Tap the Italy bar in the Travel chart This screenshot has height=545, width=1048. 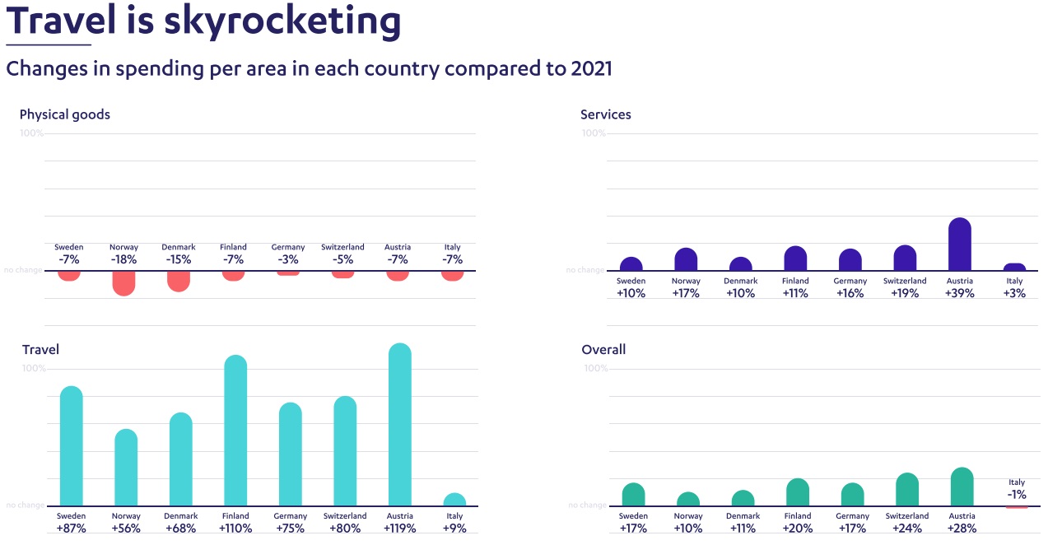click(454, 501)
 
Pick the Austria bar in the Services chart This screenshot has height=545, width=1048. click(960, 245)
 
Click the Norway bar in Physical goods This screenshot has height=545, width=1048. click(123, 282)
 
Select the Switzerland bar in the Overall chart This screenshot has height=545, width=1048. click(907, 490)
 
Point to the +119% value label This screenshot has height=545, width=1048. click(399, 529)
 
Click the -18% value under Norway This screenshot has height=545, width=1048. click(123, 259)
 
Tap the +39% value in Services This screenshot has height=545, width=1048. click(960, 293)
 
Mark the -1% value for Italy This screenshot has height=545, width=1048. click(1017, 495)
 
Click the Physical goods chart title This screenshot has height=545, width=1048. click(65, 114)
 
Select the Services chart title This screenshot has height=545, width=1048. click(606, 114)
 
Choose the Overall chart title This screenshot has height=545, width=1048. click(603, 350)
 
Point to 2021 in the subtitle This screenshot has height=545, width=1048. click(591, 68)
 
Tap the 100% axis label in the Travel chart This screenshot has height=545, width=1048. click(34, 368)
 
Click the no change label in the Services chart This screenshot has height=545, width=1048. click(585, 270)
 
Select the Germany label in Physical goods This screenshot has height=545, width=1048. click(288, 247)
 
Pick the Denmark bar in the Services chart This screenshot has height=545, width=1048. click(741, 264)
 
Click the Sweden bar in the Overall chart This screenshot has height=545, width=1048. click(633, 495)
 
